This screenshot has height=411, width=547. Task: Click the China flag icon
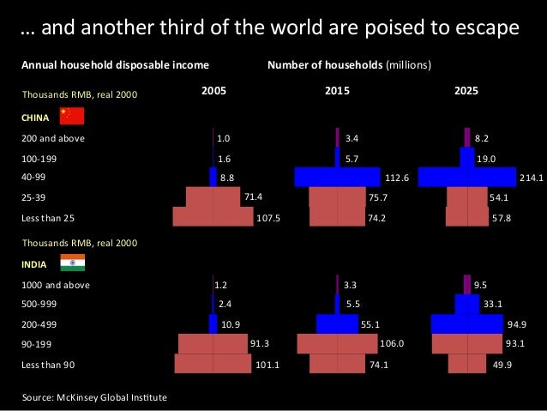pos(71,117)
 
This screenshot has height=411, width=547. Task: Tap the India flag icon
pos(71,263)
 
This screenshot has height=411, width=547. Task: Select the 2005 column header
pos(213,90)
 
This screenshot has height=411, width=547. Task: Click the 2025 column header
pos(466,90)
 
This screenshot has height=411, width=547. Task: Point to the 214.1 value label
pos(532,178)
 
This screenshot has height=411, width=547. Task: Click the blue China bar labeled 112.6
pos(337,177)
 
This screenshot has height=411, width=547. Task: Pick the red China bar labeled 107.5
pos(213,217)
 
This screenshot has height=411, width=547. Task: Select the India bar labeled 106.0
pos(337,344)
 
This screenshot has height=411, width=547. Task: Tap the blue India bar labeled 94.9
pos(466,323)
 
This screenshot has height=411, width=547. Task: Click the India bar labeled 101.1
pos(213,364)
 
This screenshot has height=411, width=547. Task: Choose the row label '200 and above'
pos(53,137)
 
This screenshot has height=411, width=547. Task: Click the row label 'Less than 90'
pos(49,365)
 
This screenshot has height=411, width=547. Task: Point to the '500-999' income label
pos(40,304)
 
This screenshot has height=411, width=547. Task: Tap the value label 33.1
pos(492,303)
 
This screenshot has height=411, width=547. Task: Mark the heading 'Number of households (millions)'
pos(350,64)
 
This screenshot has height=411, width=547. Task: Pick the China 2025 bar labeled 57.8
pos(466,217)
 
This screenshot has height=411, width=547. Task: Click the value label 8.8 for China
pos(227,178)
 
